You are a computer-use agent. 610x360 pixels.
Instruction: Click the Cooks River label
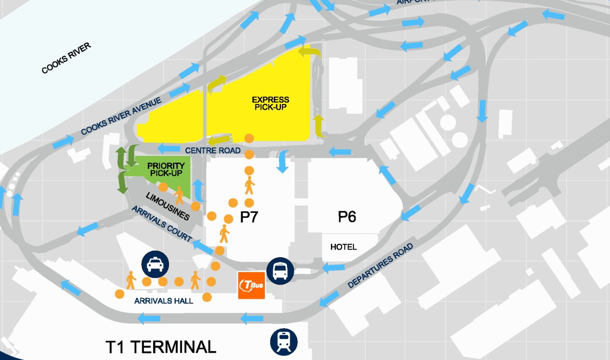tap(66, 58)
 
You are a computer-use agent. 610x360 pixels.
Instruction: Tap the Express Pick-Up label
tap(271, 103)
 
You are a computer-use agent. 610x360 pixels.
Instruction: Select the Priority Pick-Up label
tap(166, 169)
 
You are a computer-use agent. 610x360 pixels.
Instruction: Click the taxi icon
tap(155, 264)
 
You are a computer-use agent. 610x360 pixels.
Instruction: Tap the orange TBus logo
tap(251, 285)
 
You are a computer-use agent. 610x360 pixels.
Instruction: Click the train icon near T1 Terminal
tap(284, 342)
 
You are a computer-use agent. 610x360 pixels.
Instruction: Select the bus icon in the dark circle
tap(280, 271)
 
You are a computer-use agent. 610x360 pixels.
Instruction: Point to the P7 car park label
tap(249, 217)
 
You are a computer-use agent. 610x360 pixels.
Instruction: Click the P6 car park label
tap(347, 217)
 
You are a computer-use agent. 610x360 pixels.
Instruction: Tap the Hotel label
tap(343, 247)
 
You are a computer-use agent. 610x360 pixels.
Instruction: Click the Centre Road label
tap(213, 150)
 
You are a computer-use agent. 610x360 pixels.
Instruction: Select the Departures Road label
tap(380, 266)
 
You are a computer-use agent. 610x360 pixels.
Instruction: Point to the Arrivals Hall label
tap(163, 301)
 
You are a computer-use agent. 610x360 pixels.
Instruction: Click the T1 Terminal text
tap(161, 347)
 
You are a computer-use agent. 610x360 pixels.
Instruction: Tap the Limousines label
tap(168, 206)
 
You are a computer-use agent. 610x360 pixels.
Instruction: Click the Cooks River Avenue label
tap(121, 116)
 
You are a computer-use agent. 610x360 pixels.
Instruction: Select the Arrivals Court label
tap(162, 224)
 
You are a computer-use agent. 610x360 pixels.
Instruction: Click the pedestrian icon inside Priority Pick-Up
tap(179, 195)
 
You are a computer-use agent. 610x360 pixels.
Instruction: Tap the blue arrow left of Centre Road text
tap(169, 148)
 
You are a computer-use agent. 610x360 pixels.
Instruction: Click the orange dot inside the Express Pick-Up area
tap(249, 138)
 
